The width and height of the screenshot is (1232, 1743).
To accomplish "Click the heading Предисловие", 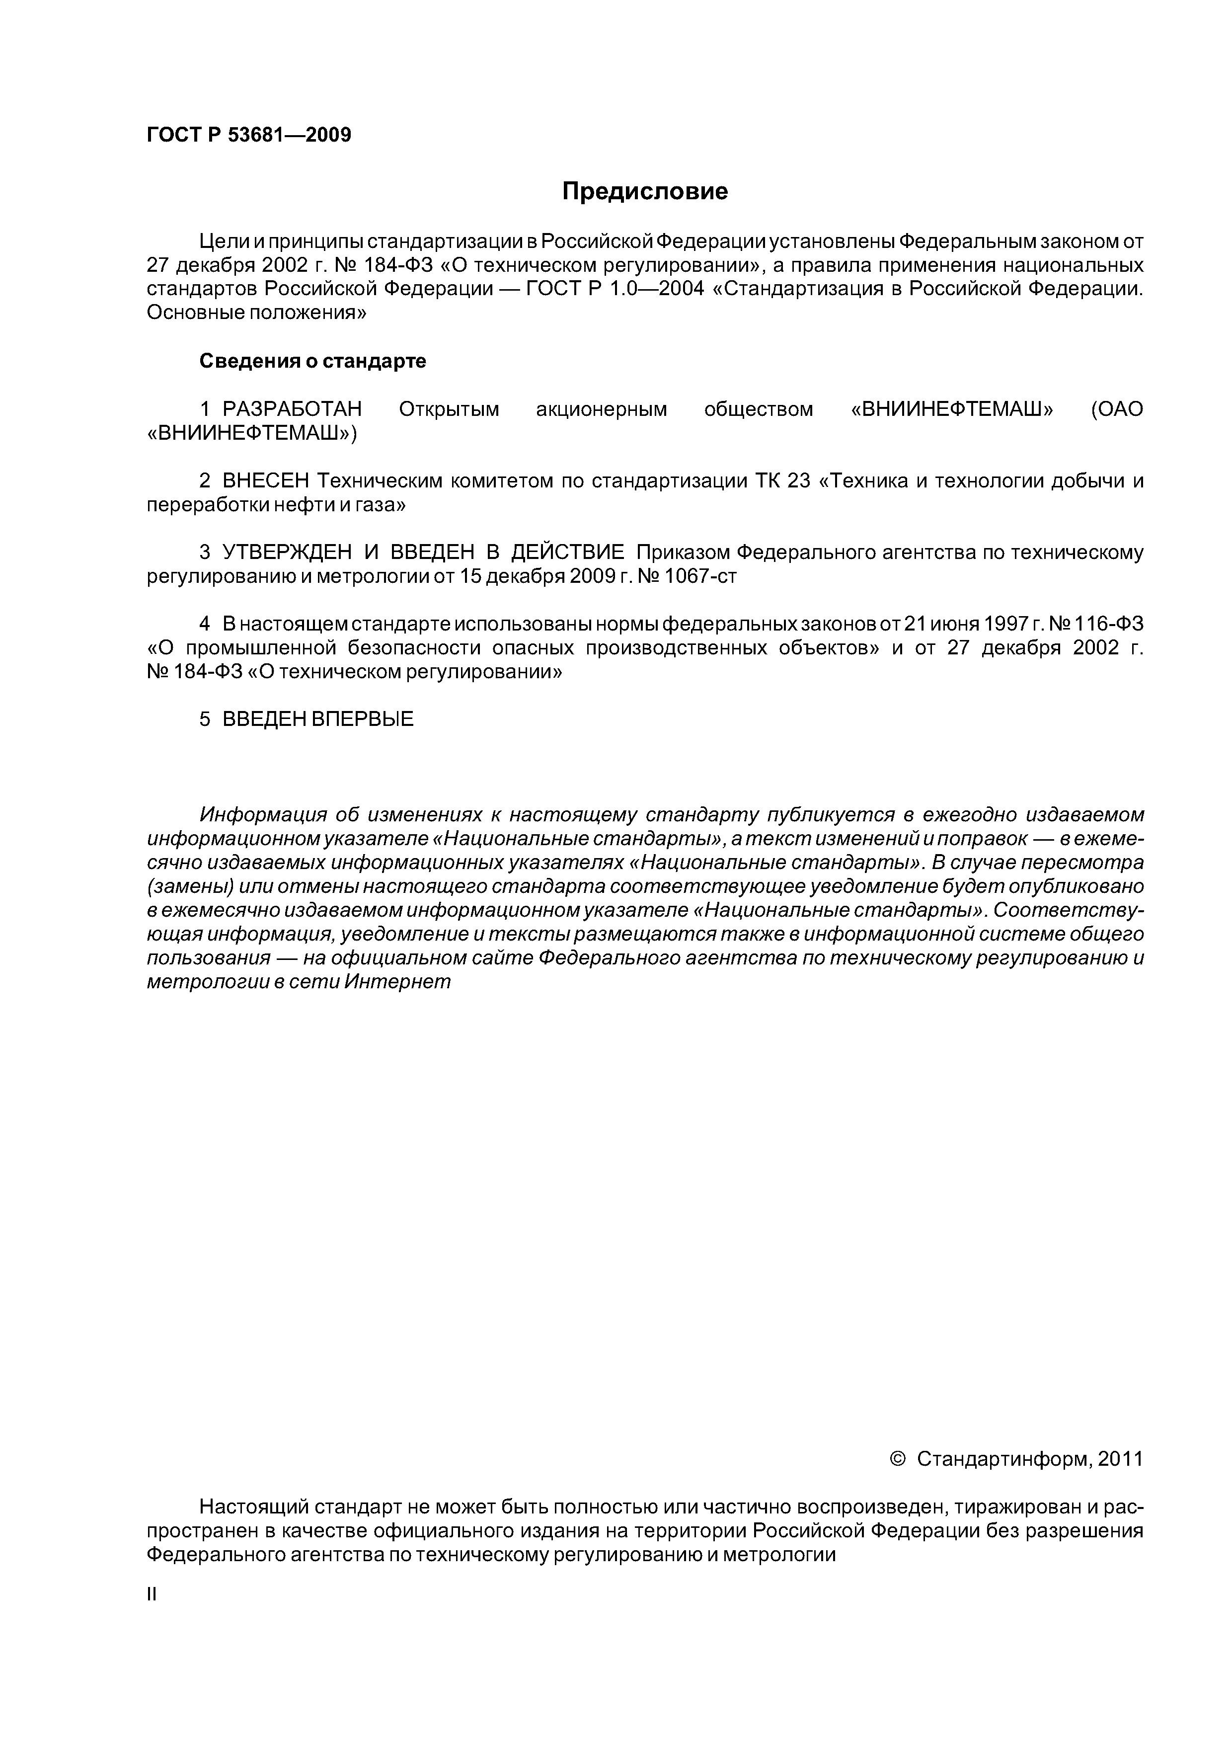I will click(x=644, y=191).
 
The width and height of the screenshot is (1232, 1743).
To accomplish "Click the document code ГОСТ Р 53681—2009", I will click(x=248, y=135).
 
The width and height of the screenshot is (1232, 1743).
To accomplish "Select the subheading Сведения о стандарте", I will click(x=313, y=361).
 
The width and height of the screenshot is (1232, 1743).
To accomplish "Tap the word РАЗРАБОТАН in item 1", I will click(x=292, y=409).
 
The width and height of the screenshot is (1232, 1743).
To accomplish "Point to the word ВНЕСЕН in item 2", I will click(x=266, y=481).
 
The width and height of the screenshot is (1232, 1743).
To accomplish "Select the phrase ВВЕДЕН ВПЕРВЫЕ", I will click(x=318, y=719).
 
